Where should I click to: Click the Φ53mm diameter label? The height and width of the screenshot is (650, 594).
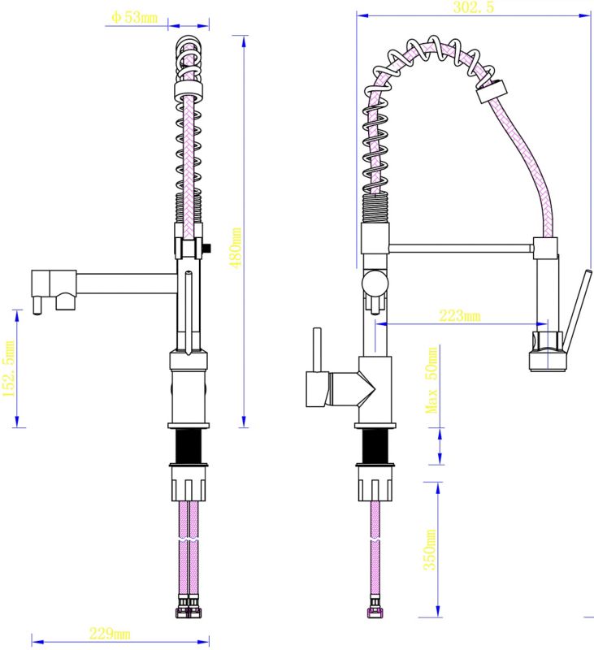tap(134, 17)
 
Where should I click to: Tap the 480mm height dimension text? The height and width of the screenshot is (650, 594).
tap(236, 248)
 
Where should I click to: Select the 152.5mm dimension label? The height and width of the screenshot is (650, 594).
tap(9, 369)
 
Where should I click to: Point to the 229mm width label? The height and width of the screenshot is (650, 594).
tap(110, 634)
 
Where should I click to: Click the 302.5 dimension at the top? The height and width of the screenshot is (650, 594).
tap(474, 7)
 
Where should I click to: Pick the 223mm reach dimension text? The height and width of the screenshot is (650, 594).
tap(460, 316)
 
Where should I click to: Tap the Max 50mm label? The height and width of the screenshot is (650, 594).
tap(431, 380)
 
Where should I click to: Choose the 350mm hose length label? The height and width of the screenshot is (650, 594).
tap(430, 550)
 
